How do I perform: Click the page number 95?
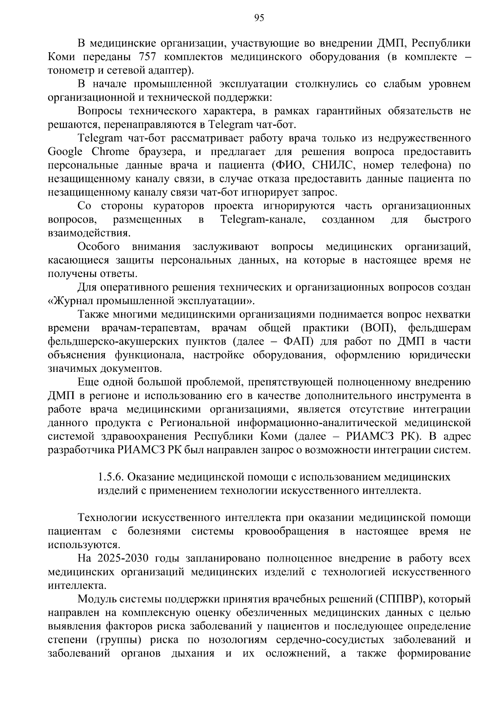259,17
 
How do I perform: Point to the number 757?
147,57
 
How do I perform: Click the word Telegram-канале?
262,220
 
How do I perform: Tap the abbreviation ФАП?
299,342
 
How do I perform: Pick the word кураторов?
179,206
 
